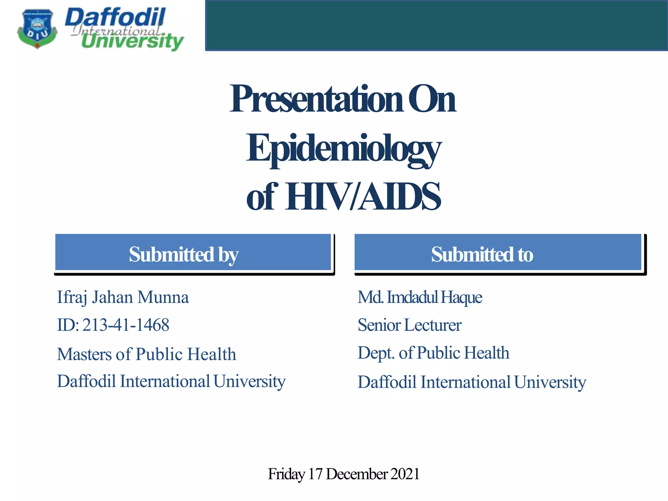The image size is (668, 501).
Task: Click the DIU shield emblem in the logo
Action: click(x=37, y=29)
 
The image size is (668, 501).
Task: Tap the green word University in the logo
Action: click(x=132, y=42)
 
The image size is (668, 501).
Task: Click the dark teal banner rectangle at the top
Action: click(x=436, y=25)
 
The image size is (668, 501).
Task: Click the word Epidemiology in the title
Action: click(x=343, y=149)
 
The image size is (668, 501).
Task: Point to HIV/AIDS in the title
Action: click(x=363, y=197)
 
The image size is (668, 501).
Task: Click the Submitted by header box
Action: click(x=193, y=252)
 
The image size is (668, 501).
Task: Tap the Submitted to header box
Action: click(x=498, y=252)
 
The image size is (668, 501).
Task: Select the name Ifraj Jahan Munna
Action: click(x=123, y=297)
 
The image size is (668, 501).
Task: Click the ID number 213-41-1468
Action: click(x=126, y=325)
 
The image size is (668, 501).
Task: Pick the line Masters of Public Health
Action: click(x=146, y=354)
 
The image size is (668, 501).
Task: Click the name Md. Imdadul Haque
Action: click(x=420, y=297)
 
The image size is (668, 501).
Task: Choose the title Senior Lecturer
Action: click(x=410, y=325)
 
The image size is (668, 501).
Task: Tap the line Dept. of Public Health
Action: click(x=433, y=353)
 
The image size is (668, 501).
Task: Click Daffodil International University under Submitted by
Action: click(x=171, y=381)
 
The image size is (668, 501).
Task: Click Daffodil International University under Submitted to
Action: click(x=472, y=382)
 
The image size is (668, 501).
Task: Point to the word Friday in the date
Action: click(x=286, y=474)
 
